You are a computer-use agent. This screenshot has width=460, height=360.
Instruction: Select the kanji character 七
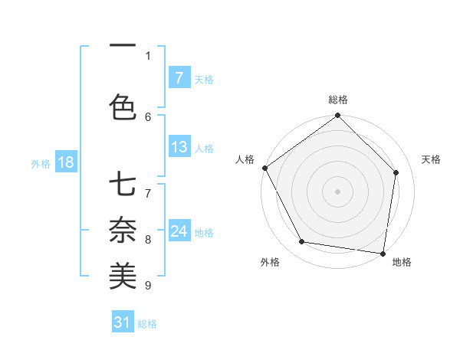(123, 187)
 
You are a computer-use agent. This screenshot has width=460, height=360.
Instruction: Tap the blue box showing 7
(179, 78)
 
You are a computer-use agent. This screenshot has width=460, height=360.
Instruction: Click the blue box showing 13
(179, 147)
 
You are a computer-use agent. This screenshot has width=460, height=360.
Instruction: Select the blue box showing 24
(179, 231)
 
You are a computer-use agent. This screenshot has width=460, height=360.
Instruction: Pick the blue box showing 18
(64, 162)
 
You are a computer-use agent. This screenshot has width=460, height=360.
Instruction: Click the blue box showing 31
(123, 322)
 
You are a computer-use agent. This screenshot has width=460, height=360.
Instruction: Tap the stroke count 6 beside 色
(148, 116)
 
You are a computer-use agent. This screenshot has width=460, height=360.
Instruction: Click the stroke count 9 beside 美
(148, 286)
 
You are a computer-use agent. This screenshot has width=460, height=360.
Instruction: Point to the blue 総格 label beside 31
(148, 324)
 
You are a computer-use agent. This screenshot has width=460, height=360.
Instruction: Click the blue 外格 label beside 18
(41, 163)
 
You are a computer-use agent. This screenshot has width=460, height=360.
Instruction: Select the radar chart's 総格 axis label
(338, 100)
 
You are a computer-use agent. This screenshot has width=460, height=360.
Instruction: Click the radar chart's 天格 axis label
(432, 159)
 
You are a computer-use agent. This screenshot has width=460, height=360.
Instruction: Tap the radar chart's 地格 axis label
(402, 262)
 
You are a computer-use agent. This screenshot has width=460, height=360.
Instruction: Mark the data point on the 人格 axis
(264, 168)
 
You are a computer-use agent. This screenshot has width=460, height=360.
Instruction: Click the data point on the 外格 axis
(302, 242)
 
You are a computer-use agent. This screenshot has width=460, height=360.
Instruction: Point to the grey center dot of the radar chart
(338, 191)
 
